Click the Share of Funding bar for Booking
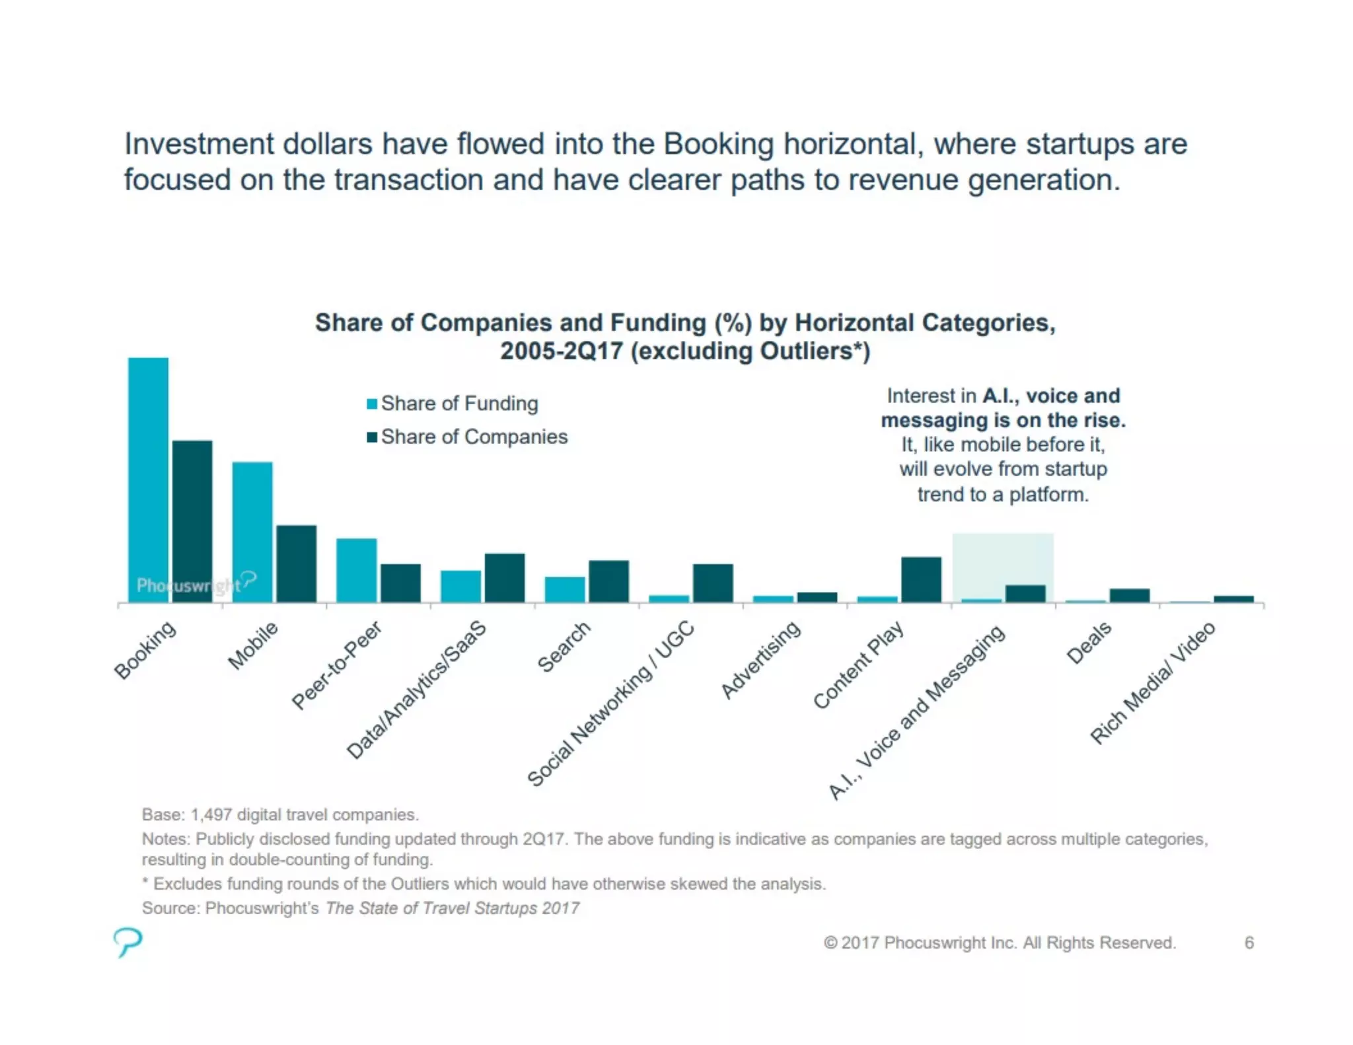[148, 480]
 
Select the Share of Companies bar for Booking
[192, 521]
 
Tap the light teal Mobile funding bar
[252, 532]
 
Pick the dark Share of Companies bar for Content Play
[921, 579]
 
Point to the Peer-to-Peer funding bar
[356, 570]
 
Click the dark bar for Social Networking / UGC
[712, 583]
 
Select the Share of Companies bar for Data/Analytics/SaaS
[505, 577]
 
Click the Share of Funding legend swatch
[372, 404]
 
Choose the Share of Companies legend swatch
[372, 437]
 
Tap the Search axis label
[564, 647]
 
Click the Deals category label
[1089, 643]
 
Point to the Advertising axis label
[761, 659]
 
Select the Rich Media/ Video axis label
[1152, 683]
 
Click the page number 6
[1249, 943]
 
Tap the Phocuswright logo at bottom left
[127, 941]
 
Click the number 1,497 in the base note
[211, 814]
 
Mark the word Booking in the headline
[718, 144]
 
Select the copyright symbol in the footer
[830, 943]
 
